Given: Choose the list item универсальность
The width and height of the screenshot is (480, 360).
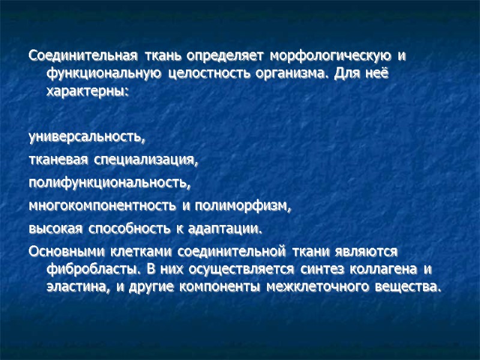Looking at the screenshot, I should pos(87,138).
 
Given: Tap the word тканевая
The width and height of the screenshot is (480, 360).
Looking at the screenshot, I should pos(58,161).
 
